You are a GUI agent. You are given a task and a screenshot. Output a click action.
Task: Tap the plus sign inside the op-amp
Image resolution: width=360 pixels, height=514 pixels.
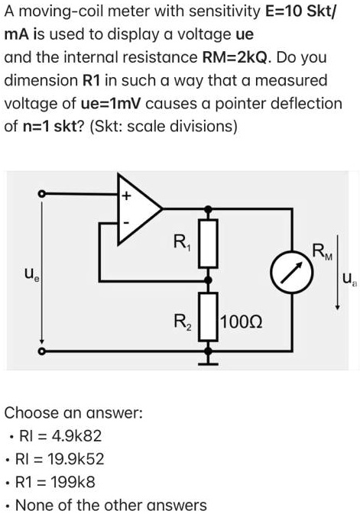(x=128, y=196)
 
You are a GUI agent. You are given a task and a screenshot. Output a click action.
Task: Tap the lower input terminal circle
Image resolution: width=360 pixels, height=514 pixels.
(x=42, y=351)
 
